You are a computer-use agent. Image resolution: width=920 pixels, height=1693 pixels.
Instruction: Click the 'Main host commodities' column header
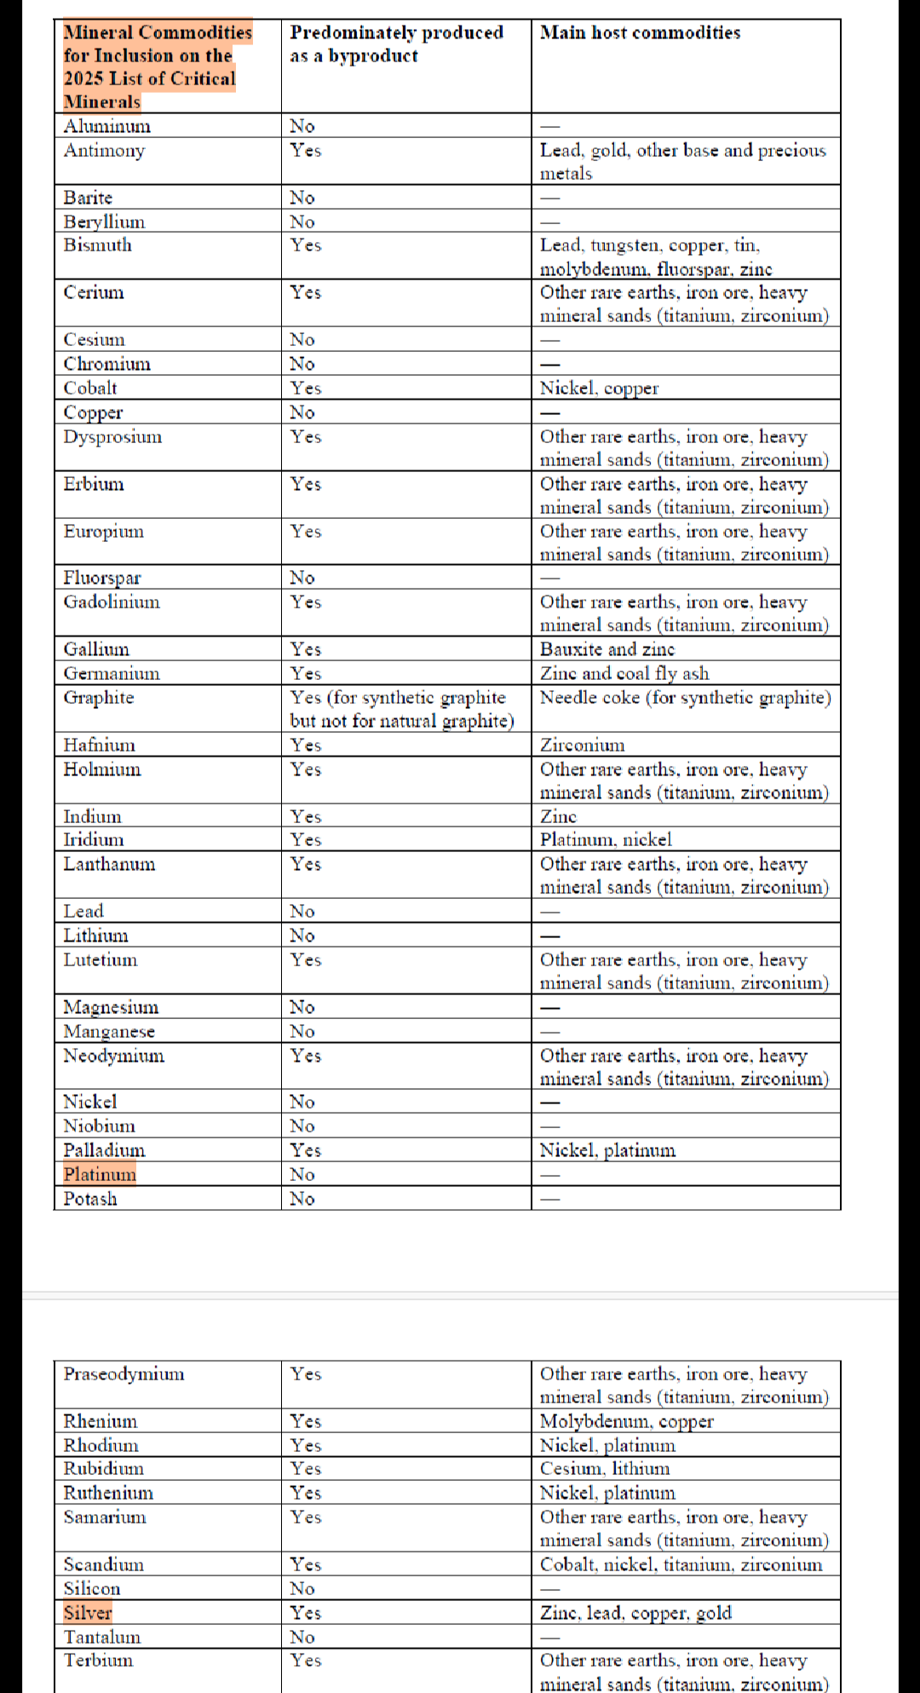pyautogui.click(x=640, y=33)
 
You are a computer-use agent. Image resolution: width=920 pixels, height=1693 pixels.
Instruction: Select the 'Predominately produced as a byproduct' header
pyautogui.click(x=396, y=44)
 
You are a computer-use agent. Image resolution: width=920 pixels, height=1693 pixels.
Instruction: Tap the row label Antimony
pyautogui.click(x=104, y=151)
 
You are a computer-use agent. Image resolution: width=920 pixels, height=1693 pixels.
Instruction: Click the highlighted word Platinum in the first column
pyautogui.click(x=100, y=1175)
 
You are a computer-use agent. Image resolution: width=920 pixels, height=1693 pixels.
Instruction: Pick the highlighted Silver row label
pyautogui.click(x=88, y=1612)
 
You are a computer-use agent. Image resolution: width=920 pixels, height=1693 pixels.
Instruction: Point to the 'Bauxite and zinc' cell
pyautogui.click(x=607, y=649)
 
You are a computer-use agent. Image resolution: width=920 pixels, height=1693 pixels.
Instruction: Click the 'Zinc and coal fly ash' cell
pyautogui.click(x=624, y=673)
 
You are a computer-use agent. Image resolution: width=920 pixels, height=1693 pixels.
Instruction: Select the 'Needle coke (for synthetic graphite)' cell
pyautogui.click(x=685, y=698)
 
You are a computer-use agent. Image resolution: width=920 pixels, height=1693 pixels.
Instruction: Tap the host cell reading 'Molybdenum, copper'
pyautogui.click(x=626, y=1421)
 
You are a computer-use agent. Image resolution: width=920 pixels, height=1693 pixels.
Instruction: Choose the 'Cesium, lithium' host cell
pyautogui.click(x=605, y=1469)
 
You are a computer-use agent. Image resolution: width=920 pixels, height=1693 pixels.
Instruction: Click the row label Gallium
pyautogui.click(x=96, y=649)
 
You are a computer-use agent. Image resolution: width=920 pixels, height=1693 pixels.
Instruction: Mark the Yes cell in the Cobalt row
pyautogui.click(x=305, y=389)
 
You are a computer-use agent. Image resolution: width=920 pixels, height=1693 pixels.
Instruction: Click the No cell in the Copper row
pyautogui.click(x=302, y=412)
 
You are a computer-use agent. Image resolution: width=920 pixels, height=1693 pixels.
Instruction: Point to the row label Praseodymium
pyautogui.click(x=124, y=1373)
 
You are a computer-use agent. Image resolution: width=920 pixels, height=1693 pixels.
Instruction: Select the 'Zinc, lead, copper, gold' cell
pyautogui.click(x=635, y=1612)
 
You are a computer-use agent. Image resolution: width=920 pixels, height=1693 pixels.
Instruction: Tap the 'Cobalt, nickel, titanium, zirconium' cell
pyautogui.click(x=681, y=1564)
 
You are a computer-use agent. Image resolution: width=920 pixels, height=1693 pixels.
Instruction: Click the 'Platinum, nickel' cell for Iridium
pyautogui.click(x=606, y=840)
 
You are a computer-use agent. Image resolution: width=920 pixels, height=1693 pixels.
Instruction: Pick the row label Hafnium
pyautogui.click(x=99, y=746)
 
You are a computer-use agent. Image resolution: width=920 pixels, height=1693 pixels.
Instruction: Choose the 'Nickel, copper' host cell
pyautogui.click(x=599, y=389)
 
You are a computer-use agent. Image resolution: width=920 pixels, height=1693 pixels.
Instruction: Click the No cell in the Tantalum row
pyautogui.click(x=302, y=1637)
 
